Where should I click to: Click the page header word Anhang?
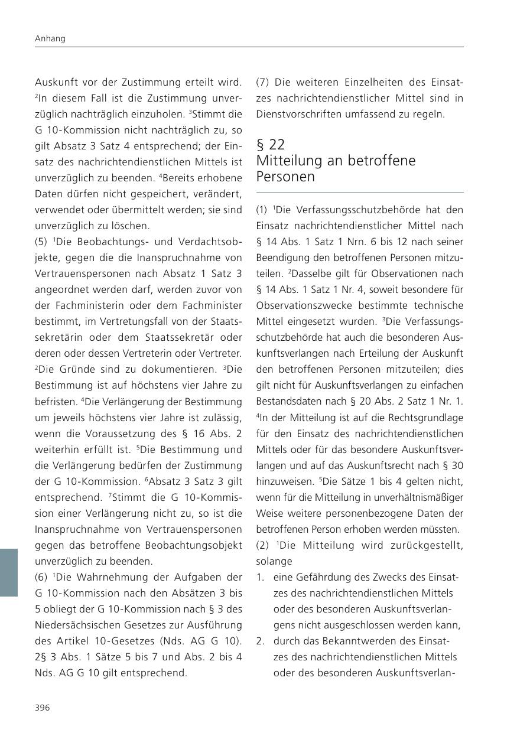(50, 38)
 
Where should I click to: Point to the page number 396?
(43, 708)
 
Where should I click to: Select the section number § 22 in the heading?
(271, 145)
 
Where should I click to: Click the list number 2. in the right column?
(261, 641)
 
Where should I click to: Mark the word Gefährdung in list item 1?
(323, 577)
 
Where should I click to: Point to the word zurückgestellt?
(425, 545)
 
